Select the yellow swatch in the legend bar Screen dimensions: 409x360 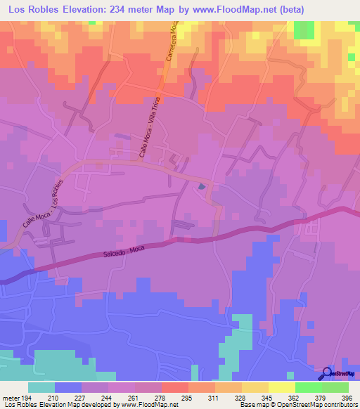point(282,387)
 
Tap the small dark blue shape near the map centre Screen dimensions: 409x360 point(202,187)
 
